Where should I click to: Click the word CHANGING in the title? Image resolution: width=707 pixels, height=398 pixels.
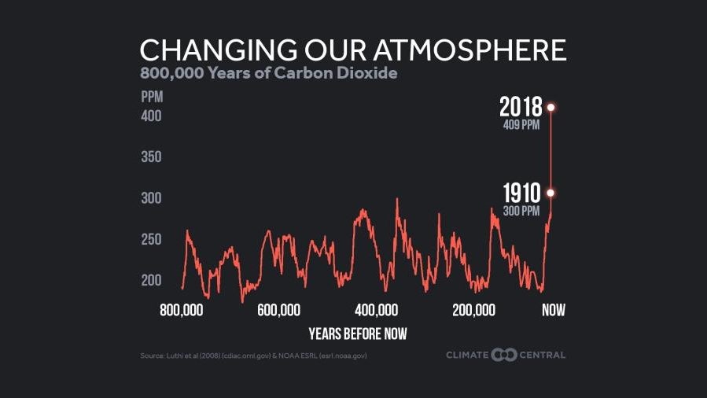coord(206,50)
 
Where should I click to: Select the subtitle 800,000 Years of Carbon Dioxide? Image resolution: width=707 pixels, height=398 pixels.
coord(269,75)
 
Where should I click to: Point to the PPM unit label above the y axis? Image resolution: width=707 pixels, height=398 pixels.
coord(151,98)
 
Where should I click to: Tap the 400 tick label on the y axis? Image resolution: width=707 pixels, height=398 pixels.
coord(151,116)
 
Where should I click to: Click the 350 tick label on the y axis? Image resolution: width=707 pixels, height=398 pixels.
coord(151,157)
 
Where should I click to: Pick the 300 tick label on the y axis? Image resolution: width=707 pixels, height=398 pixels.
coord(151,198)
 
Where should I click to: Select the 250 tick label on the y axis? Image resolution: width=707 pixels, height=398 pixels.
coord(151,239)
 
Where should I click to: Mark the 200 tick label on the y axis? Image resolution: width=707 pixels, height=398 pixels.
coord(151,280)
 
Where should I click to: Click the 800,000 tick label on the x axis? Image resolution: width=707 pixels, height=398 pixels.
coord(181,310)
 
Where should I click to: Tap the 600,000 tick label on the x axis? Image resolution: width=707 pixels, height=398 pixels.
coord(279,310)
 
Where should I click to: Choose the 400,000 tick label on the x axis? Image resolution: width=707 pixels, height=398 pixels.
coord(377,310)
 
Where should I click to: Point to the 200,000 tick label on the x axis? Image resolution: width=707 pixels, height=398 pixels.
coord(474,310)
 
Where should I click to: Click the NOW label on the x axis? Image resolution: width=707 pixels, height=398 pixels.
coord(553,310)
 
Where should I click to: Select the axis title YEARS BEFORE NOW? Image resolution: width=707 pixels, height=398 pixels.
coord(358,334)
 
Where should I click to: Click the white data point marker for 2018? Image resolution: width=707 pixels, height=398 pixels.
coord(551,107)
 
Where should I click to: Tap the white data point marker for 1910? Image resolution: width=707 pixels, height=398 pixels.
coord(551,193)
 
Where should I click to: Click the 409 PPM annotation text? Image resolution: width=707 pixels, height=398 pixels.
coord(521,125)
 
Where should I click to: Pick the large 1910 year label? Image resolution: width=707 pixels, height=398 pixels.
coord(521,193)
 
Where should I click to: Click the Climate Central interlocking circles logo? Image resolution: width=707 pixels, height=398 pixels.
coord(504,355)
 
